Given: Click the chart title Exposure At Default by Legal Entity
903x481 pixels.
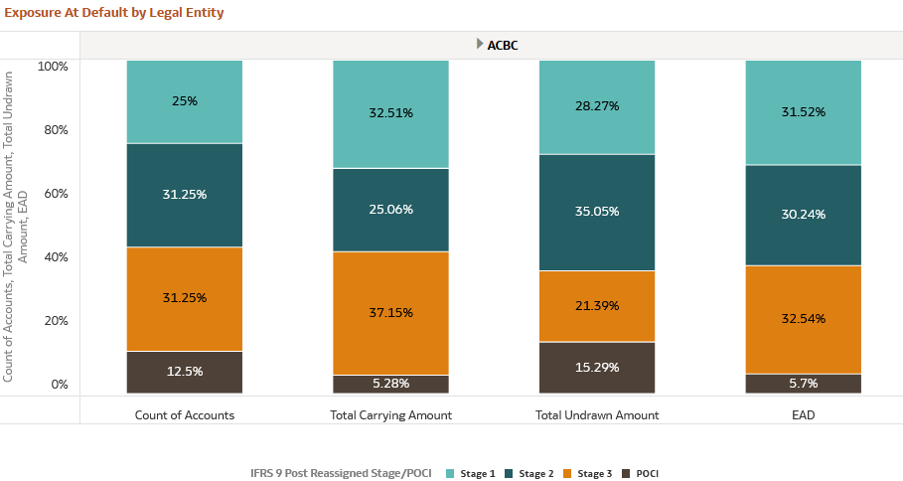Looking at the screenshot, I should pos(114,13).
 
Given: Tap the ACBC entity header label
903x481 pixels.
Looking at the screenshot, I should pos(503,45).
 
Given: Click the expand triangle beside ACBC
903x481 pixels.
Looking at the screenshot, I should pos(480,44).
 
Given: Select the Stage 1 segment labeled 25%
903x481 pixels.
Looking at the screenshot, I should pos(184,101).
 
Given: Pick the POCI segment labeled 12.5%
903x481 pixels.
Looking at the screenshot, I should pos(184,372).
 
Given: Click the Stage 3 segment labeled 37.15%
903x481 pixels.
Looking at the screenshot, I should pos(390,312).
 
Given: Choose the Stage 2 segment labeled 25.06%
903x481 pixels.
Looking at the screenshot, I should pos(390,210).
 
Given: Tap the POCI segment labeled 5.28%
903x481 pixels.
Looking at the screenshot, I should pos(390,384).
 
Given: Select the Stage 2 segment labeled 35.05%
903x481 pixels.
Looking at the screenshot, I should pos(597,212).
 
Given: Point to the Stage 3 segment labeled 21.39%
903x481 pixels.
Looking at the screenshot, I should pos(597,305).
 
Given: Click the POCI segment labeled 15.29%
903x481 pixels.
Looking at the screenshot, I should pos(597,368).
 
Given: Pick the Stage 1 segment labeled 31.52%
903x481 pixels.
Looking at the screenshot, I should pos(804,112).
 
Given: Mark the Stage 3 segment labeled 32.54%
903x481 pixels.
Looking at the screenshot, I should pos(804,319).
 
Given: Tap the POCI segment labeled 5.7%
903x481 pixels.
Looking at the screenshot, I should pos(804,384).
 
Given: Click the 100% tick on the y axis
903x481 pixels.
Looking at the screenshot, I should pos(53,66).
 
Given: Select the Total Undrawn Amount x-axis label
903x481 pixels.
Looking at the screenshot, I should pos(597,414).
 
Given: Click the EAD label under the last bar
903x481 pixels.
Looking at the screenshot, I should pos(804,414).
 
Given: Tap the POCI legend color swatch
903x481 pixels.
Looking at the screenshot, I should pos(626,473).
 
